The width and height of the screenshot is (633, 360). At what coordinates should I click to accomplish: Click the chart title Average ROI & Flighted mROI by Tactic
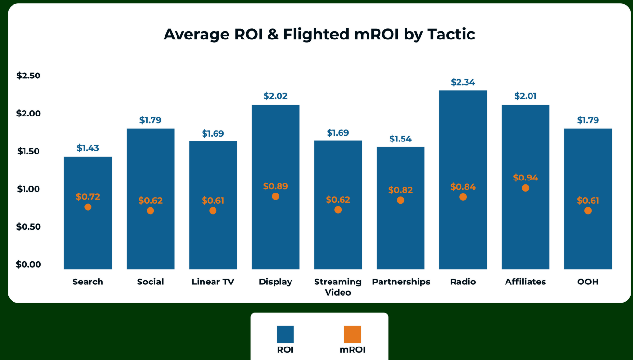pyautogui.click(x=319, y=35)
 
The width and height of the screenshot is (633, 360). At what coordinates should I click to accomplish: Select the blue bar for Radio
pyautogui.click(x=463, y=231)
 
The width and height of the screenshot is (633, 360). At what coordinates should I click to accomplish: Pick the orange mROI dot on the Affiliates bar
pyautogui.click(x=525, y=188)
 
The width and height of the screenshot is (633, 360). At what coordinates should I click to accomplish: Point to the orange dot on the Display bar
pyautogui.click(x=275, y=196)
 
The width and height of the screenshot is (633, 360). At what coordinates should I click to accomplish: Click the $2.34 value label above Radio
pyautogui.click(x=463, y=82)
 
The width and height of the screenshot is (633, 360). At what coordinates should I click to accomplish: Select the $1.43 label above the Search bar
pyautogui.click(x=88, y=148)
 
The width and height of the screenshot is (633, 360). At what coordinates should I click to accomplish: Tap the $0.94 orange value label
pyautogui.click(x=525, y=178)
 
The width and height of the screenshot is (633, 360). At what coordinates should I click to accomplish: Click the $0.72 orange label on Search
pyautogui.click(x=88, y=196)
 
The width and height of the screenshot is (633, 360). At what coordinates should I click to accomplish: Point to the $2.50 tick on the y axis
pyautogui.click(x=29, y=76)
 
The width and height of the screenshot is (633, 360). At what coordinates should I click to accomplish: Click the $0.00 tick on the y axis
pyautogui.click(x=29, y=264)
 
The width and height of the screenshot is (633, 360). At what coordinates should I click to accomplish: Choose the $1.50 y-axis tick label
pyautogui.click(x=29, y=151)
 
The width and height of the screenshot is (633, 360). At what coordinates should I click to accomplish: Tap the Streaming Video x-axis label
pyautogui.click(x=338, y=287)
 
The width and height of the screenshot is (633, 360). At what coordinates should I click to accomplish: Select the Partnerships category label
pyautogui.click(x=401, y=282)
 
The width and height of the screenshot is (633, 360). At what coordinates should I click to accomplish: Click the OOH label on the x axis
pyautogui.click(x=588, y=282)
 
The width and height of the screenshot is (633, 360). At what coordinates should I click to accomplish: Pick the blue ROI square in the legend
pyautogui.click(x=285, y=334)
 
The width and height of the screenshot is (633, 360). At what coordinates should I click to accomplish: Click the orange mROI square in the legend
pyautogui.click(x=352, y=334)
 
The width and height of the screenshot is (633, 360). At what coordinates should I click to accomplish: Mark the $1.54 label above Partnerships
pyautogui.click(x=400, y=139)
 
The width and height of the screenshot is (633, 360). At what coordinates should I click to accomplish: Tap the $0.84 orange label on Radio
pyautogui.click(x=463, y=187)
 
